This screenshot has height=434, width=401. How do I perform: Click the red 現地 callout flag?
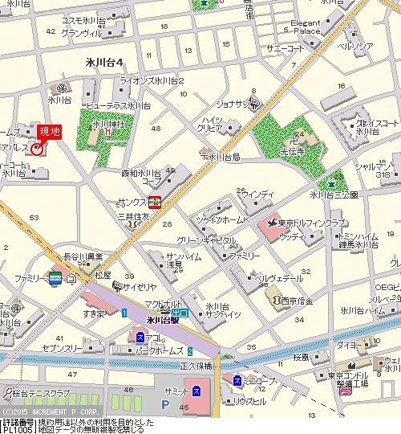[x=50, y=130]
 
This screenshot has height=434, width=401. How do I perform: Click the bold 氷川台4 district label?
[x=103, y=62]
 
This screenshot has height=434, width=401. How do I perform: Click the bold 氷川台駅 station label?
[x=156, y=320]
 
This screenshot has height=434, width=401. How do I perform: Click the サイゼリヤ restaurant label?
[x=140, y=285]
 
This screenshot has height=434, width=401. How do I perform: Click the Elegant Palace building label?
[x=306, y=27]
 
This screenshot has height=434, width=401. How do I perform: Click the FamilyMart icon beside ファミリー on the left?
[x=55, y=278]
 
